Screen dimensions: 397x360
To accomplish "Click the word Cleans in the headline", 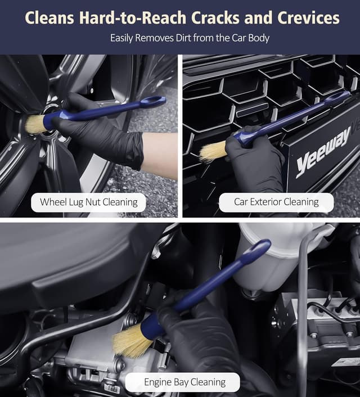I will pos(49,18).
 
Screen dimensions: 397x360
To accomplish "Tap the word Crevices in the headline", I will pos(308,18).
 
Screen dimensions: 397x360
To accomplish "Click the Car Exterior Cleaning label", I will pos(276,202).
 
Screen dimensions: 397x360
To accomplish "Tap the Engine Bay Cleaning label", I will pos(184,382).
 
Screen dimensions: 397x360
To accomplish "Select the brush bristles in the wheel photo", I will pos(35,124).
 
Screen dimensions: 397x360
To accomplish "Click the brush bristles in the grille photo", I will pos(213,151).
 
